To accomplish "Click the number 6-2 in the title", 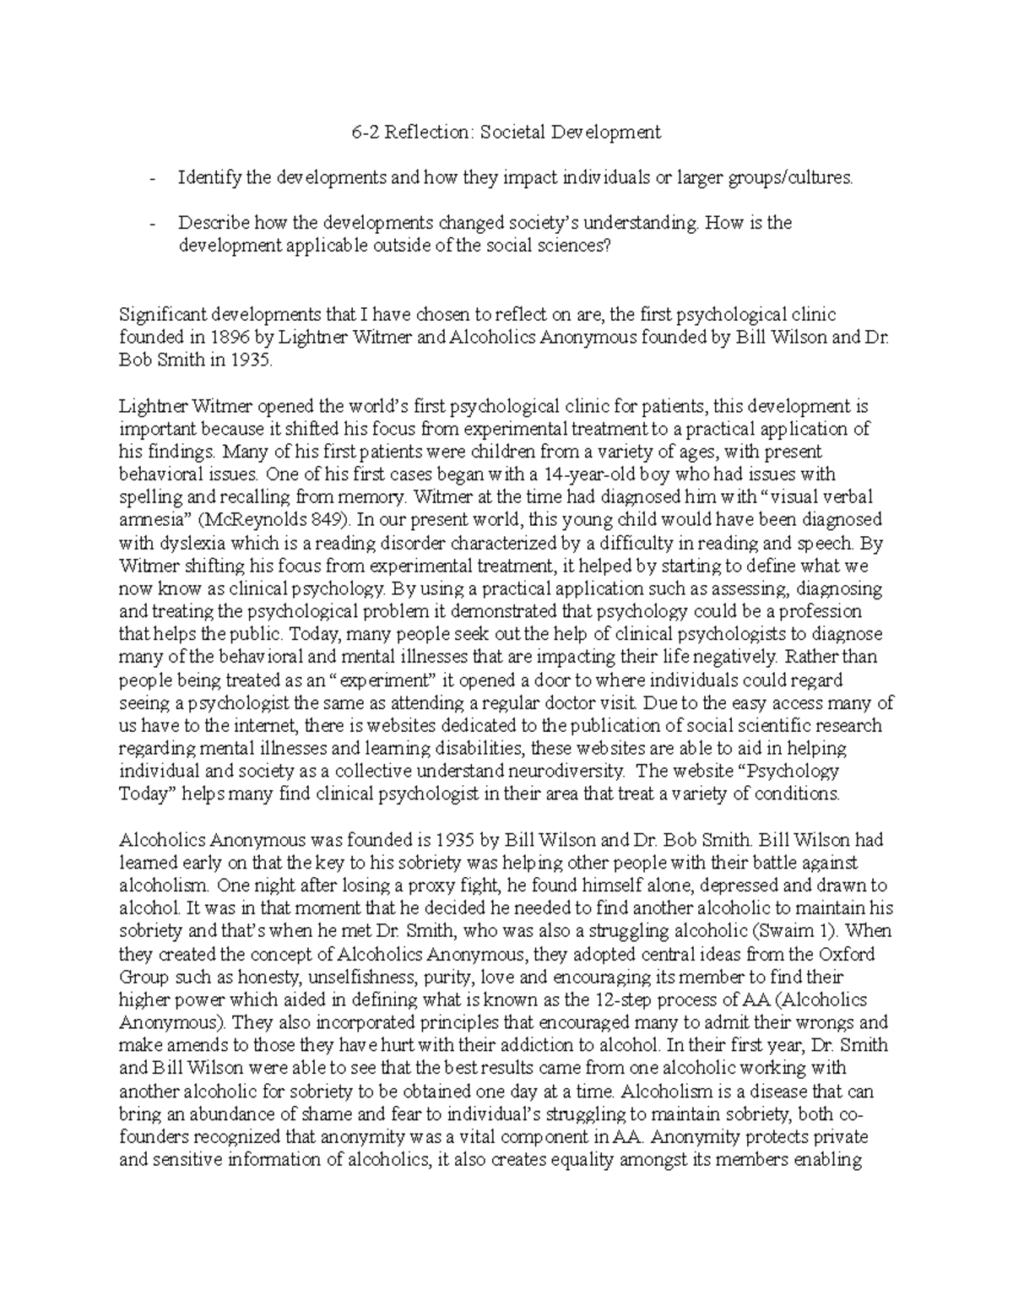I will tap(365, 132).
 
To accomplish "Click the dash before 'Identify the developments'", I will tap(152, 178).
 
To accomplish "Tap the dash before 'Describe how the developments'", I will tap(152, 224).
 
